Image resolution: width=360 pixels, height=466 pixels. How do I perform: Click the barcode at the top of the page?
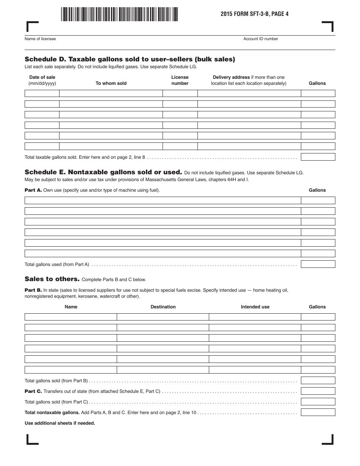pos(119,14)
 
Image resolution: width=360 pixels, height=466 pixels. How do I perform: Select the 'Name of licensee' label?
pos(40,39)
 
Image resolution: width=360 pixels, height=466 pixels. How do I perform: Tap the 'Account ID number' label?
pos(261,39)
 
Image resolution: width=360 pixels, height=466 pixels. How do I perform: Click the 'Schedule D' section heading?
pos(130,59)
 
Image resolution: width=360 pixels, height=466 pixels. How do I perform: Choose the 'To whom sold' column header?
pos(111,83)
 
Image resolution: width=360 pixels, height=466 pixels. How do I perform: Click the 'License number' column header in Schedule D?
pos(180,80)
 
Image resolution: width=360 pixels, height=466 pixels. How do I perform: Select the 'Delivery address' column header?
pos(249,80)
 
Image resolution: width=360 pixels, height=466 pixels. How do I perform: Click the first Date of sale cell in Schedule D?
pos(42,94)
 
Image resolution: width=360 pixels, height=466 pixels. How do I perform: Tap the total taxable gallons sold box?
pos(318,157)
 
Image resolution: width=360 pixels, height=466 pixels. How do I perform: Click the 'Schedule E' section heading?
pos(103,172)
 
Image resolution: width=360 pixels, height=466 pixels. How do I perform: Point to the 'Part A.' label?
pos(33,190)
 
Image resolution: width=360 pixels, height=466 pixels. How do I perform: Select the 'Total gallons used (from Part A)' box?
pos(318,264)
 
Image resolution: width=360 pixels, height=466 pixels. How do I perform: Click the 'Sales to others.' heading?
pos(52,279)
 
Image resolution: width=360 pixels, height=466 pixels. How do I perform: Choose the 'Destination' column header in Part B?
pos(163,307)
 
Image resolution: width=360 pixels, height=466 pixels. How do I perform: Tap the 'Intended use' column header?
pos(255,307)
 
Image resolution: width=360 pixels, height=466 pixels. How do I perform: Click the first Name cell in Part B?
pos(71,317)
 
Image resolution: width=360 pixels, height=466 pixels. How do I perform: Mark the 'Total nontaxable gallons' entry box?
pos(318,413)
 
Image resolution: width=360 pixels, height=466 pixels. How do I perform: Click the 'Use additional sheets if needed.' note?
pos(60,423)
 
